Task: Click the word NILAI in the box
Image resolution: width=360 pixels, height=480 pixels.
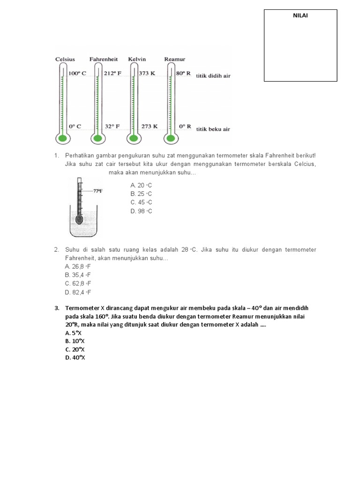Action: click(x=300, y=15)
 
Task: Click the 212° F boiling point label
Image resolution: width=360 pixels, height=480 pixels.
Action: click(x=113, y=73)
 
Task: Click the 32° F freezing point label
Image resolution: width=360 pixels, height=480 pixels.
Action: click(x=113, y=126)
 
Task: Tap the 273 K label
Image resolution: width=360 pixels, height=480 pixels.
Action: click(x=149, y=126)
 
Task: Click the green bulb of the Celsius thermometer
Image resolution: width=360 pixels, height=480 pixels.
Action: click(x=62, y=138)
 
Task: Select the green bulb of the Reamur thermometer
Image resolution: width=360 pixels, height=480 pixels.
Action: click(x=170, y=138)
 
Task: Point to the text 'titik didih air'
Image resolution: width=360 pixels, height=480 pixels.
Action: click(x=213, y=75)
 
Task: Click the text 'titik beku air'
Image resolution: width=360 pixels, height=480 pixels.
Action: click(x=213, y=129)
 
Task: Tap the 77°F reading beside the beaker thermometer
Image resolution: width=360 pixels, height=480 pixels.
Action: click(x=97, y=191)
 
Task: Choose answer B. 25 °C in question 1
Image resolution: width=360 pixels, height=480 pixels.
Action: click(x=141, y=194)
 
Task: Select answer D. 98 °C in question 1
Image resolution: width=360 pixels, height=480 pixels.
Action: click(x=141, y=211)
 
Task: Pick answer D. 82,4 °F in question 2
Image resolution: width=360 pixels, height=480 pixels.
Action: click(x=78, y=292)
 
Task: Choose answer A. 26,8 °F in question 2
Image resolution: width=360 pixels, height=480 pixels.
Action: click(x=78, y=266)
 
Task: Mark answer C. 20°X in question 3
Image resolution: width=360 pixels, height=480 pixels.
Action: click(x=75, y=349)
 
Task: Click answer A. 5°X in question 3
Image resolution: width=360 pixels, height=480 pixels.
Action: click(x=74, y=332)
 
